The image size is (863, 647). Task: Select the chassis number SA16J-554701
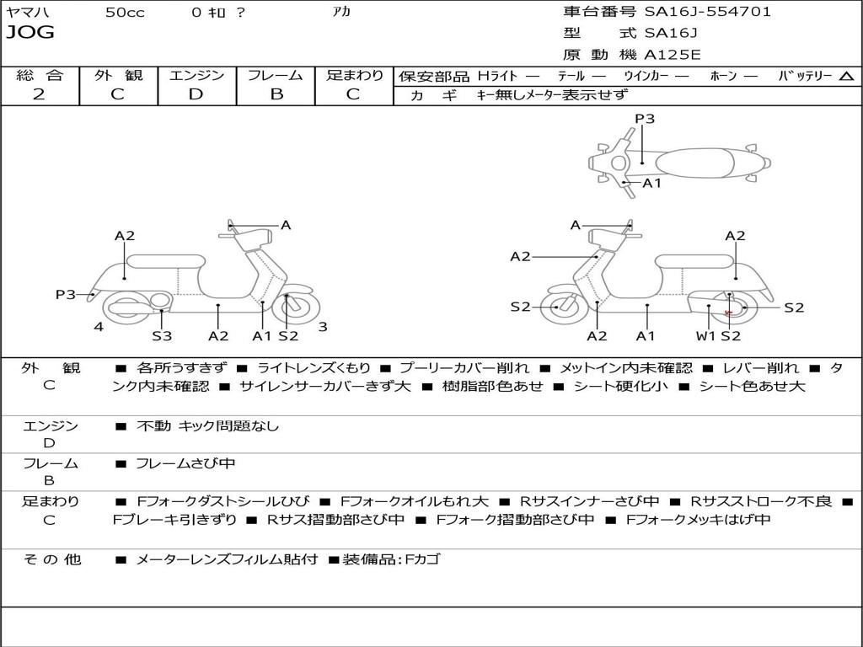707,12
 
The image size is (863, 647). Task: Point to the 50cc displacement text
125,13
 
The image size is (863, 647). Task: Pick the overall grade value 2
39,94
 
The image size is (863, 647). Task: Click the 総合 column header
40,75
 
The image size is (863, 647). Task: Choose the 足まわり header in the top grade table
354,75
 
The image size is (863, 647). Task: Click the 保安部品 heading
433,77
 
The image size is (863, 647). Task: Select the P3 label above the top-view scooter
645,119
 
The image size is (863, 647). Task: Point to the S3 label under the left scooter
162,336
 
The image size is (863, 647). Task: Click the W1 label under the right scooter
705,336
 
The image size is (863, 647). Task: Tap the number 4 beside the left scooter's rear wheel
99,326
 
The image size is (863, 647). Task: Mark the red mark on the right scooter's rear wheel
728,313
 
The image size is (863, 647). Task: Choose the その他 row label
51,559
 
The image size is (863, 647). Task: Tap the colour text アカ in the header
341,13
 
